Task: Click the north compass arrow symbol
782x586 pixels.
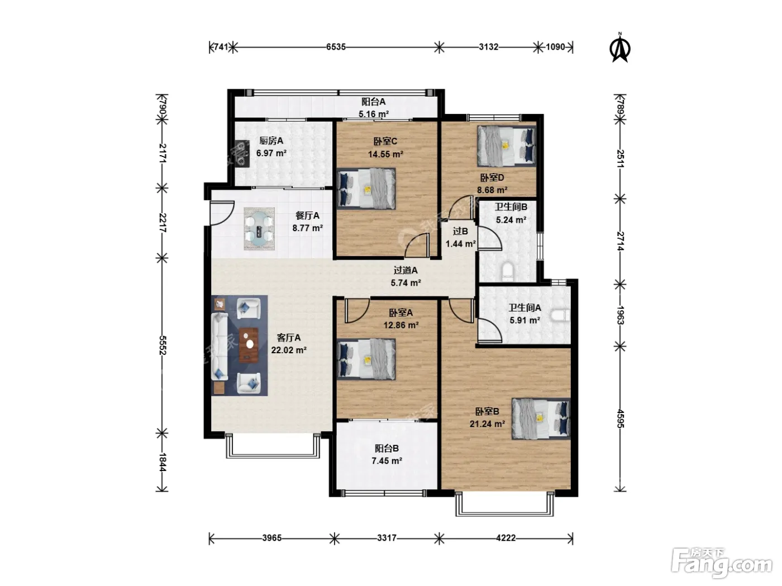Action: pyautogui.click(x=619, y=47)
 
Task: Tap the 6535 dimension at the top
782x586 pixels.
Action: pyautogui.click(x=336, y=47)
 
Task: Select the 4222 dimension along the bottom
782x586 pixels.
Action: pyautogui.click(x=506, y=537)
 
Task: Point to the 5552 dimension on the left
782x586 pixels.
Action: pyautogui.click(x=162, y=345)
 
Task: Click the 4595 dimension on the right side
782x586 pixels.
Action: pyautogui.click(x=620, y=419)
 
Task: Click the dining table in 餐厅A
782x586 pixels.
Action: pyautogui.click(x=259, y=228)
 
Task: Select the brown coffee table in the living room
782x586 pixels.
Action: pyautogui.click(x=249, y=345)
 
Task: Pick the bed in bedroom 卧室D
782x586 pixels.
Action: pyautogui.click(x=506, y=146)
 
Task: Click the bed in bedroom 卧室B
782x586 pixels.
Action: pyautogui.click(x=541, y=419)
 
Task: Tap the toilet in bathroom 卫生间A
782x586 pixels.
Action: pyautogui.click(x=560, y=315)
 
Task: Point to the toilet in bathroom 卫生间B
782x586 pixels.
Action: pyautogui.click(x=508, y=271)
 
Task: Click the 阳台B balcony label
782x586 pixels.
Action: pyautogui.click(x=387, y=448)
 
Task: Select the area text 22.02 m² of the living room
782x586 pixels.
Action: pyautogui.click(x=289, y=350)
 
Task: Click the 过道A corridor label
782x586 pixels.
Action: pyautogui.click(x=406, y=271)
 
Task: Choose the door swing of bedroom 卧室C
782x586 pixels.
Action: pyautogui.click(x=417, y=245)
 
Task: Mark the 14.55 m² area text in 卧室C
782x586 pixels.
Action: pyautogui.click(x=385, y=154)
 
